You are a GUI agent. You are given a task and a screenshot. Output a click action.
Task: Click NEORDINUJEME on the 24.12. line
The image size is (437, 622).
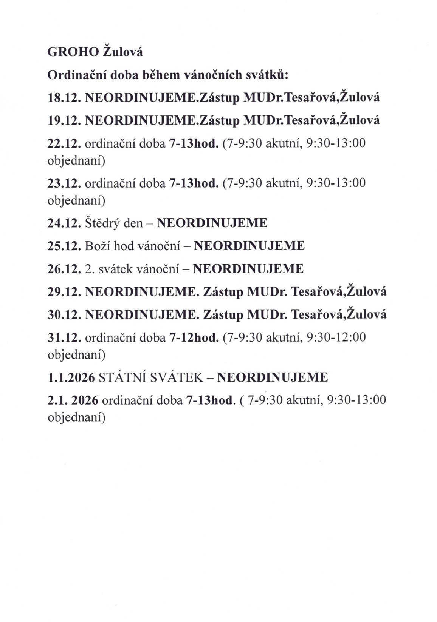pyautogui.click(x=212, y=223)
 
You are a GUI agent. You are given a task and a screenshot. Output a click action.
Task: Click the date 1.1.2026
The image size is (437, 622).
pyautogui.click(x=71, y=377)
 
